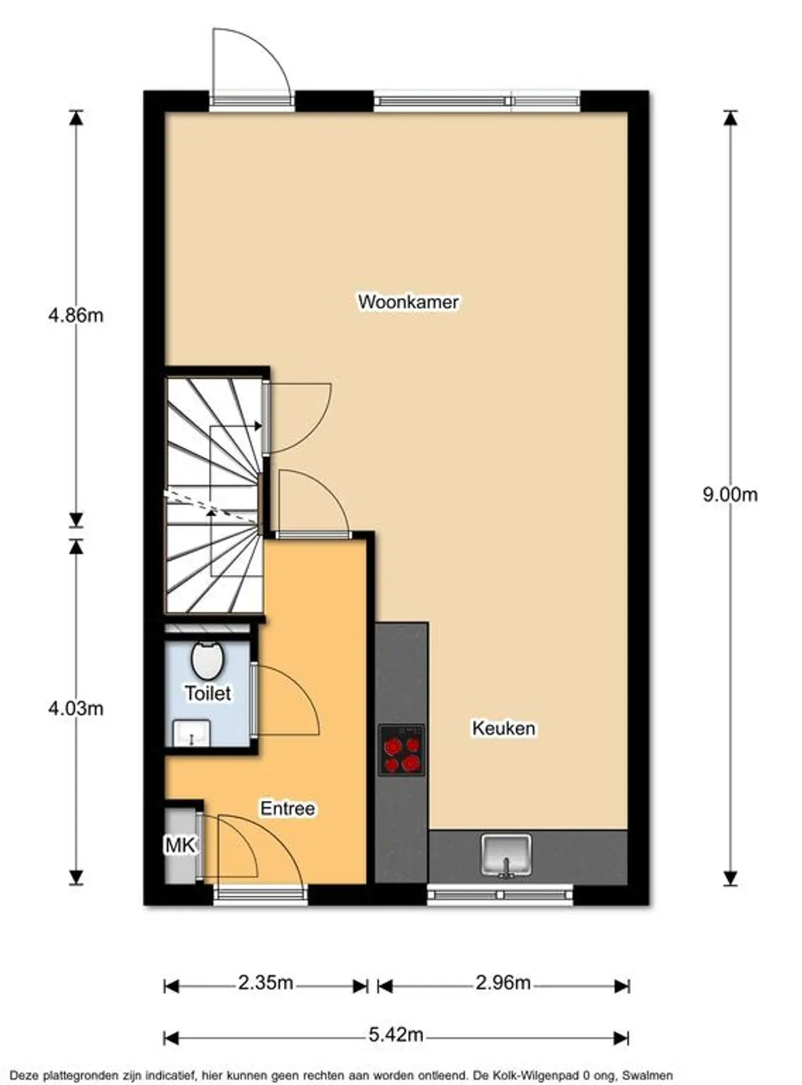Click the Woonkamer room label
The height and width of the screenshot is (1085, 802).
[408, 302]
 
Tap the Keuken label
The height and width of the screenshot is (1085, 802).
[504, 728]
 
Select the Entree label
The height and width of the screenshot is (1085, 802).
[287, 808]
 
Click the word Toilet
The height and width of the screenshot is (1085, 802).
[208, 693]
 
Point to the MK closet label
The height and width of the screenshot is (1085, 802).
[180, 846]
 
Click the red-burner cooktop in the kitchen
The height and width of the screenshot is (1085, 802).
[401, 751]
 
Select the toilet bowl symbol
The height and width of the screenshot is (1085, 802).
[207, 660]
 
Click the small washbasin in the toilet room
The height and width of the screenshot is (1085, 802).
[191, 734]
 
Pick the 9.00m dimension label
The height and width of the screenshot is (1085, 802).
[729, 494]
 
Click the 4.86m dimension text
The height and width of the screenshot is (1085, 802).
[75, 315]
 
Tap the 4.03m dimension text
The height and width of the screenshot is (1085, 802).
[75, 709]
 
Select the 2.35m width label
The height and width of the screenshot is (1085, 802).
[265, 983]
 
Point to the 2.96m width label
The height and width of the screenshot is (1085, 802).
[502, 983]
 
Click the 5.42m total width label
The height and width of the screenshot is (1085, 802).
[396, 1035]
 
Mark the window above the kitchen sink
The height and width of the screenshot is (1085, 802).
[500, 895]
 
